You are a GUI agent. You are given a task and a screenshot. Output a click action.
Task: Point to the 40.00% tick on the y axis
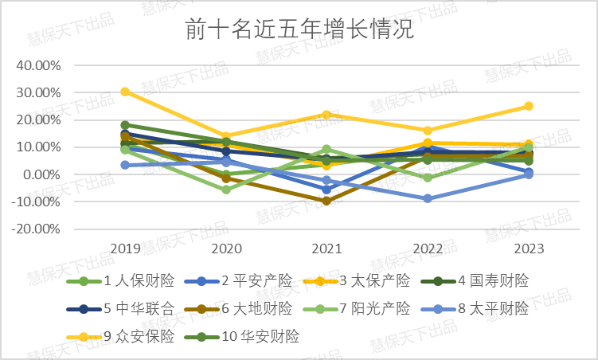coord(38,65)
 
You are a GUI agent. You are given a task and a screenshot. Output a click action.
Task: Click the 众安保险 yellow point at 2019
coord(125,92)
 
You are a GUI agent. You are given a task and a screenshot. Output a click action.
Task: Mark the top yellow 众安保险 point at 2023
coord(528,106)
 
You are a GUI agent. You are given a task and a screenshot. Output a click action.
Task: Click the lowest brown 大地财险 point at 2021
coord(326,201)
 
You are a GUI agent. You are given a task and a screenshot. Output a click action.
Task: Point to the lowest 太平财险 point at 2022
coord(428,198)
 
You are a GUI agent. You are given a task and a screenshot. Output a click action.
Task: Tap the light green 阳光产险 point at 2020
coord(226,190)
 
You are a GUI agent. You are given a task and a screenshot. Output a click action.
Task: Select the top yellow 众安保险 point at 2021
coord(326,115)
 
